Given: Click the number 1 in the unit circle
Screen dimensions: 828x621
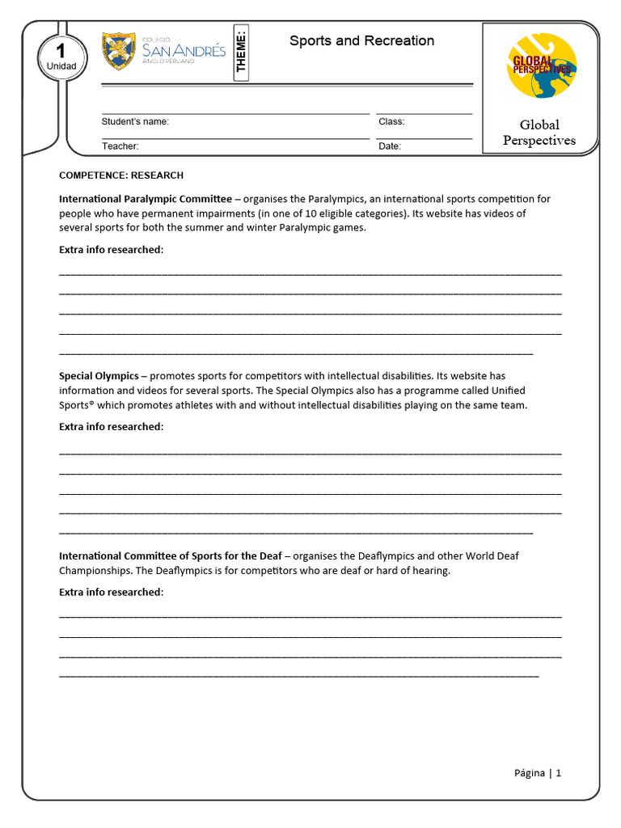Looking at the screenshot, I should pyautogui.click(x=61, y=51).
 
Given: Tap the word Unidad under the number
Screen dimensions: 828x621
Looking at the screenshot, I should pyautogui.click(x=61, y=66).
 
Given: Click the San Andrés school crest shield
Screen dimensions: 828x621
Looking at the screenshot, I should pyautogui.click(x=119, y=51).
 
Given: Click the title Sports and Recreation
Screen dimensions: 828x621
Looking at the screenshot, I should pyautogui.click(x=361, y=41).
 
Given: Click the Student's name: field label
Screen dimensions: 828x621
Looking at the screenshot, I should pyautogui.click(x=135, y=121).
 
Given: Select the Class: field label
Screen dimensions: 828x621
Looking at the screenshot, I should pyautogui.click(x=391, y=121).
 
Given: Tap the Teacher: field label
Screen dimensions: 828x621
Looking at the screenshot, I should pyautogui.click(x=120, y=146).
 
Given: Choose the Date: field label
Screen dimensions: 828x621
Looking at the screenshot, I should pyautogui.click(x=389, y=146).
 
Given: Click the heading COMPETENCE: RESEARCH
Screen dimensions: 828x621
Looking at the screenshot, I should pyautogui.click(x=121, y=175).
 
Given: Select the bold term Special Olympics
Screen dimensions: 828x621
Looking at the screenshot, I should pyautogui.click(x=99, y=376).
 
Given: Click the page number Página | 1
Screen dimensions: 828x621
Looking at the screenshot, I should pyautogui.click(x=537, y=772).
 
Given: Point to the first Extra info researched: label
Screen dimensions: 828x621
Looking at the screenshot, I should pyautogui.click(x=111, y=250).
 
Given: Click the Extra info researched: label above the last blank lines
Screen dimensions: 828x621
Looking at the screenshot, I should pyautogui.click(x=111, y=592).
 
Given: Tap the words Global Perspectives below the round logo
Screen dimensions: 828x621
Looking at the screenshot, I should pyautogui.click(x=539, y=133).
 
